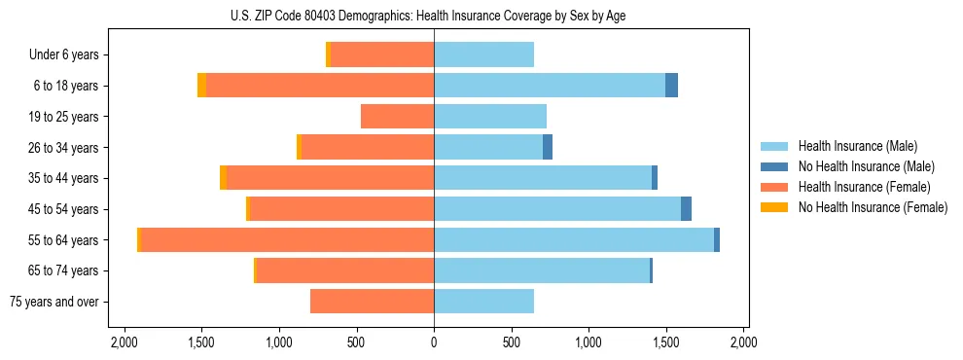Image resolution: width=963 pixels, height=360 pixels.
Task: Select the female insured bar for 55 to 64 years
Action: (288, 239)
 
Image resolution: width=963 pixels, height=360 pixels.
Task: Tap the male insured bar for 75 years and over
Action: (483, 302)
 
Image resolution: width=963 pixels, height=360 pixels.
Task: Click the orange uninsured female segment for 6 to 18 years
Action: (201, 86)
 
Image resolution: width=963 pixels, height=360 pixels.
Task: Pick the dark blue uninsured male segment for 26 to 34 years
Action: (548, 147)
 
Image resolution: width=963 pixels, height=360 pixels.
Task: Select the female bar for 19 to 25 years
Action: (397, 117)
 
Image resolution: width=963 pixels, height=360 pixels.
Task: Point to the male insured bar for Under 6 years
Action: (483, 54)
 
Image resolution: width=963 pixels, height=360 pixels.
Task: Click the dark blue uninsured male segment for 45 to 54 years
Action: (686, 209)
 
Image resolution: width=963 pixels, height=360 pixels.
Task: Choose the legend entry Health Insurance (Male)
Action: (851, 146)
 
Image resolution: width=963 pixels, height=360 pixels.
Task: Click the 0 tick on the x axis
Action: (434, 343)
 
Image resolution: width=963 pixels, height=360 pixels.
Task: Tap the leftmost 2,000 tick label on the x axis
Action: (125, 343)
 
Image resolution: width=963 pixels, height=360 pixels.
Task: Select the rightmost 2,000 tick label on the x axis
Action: (743, 343)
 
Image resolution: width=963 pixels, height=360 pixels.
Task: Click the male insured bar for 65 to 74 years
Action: (542, 270)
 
